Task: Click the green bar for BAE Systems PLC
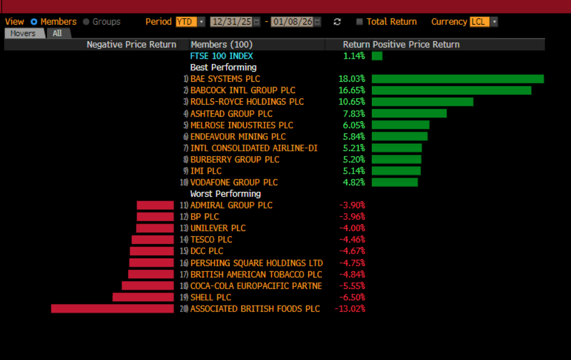point(457,79)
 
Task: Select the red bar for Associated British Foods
point(112,309)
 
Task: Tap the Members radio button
point(34,22)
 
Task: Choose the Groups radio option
point(86,22)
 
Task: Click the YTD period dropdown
point(190,22)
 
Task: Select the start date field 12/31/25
point(232,22)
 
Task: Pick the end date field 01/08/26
point(292,22)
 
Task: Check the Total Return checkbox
point(359,22)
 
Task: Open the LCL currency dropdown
point(484,22)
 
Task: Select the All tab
point(58,33)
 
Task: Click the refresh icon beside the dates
point(337,22)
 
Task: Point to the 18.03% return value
point(352,79)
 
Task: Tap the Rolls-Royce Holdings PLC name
point(247,102)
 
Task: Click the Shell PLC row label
point(211,297)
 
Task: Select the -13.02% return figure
point(350,309)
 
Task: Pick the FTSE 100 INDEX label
point(222,56)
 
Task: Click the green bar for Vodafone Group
point(395,182)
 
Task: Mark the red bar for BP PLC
point(155,217)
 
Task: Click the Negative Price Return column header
point(131,45)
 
